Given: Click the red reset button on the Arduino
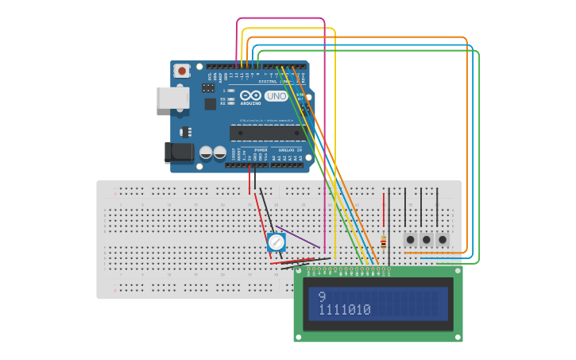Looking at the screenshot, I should click(182, 71).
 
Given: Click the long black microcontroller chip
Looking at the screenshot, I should click(267, 133).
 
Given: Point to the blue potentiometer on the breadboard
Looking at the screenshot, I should click(276, 242).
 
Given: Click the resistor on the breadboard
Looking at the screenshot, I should click(384, 242).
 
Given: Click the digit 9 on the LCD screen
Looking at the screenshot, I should click(322, 297).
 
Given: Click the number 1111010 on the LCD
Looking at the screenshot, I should click(345, 310).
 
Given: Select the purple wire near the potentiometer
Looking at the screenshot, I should click(299, 237).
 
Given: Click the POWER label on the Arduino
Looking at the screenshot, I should click(261, 149).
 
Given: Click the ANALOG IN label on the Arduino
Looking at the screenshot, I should click(290, 149).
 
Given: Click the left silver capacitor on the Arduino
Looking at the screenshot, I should click(206, 151).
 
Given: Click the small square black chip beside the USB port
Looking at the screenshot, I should click(210, 104).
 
